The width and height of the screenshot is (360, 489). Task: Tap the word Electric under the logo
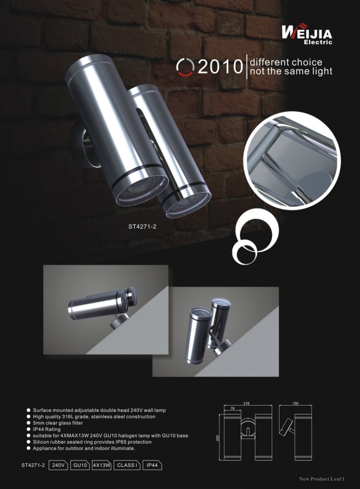(x=318, y=42)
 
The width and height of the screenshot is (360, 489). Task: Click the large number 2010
(x=220, y=66)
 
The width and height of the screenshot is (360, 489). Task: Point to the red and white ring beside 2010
(x=185, y=67)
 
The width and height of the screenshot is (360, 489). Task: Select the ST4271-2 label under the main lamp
(x=142, y=227)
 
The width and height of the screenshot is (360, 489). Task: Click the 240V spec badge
(x=58, y=465)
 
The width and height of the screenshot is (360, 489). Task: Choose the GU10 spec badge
(x=80, y=465)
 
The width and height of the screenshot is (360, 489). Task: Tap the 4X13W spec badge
(x=102, y=465)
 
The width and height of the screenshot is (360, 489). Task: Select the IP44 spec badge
(x=152, y=465)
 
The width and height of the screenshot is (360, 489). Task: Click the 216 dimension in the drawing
(x=246, y=403)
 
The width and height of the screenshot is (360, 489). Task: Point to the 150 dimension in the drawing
(x=295, y=403)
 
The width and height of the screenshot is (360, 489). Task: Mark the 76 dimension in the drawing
(x=232, y=408)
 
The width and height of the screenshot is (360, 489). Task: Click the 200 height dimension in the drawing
(x=217, y=438)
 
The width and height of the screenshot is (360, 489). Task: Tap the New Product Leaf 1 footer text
(x=322, y=479)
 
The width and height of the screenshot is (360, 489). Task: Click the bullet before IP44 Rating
(x=28, y=429)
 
